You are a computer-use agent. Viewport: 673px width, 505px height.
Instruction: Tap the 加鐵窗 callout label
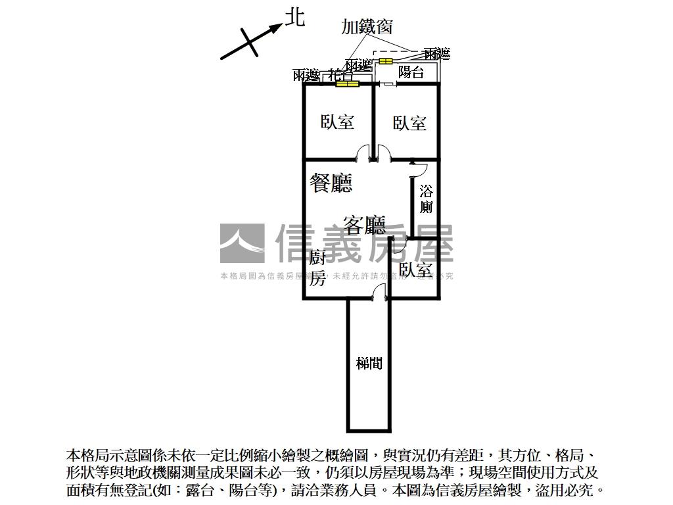coord(367,26)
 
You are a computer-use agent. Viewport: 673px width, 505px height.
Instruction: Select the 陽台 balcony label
coord(411,72)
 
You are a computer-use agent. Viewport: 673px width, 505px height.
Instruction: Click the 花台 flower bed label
coord(340,74)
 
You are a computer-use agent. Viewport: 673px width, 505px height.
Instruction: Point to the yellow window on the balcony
coord(384,61)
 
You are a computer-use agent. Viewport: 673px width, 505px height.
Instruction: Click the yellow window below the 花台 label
coord(346,84)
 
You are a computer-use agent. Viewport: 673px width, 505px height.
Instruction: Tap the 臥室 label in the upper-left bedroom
coord(337,122)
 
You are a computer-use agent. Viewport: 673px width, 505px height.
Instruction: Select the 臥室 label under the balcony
coord(409,123)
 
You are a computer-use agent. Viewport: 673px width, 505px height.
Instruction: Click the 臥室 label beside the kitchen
coord(415,270)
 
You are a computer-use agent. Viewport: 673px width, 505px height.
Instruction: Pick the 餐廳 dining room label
coord(331,183)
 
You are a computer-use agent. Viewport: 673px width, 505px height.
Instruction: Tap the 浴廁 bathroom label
coord(427,199)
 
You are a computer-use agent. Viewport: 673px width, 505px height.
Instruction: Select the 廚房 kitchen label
coord(318,268)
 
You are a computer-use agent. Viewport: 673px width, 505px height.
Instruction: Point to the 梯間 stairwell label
coord(369,362)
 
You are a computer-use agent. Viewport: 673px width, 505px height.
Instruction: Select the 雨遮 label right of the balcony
coord(437,53)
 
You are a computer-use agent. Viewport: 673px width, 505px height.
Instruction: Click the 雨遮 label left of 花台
coord(306,75)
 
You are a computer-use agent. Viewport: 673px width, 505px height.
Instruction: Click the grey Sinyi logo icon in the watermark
coord(243,243)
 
